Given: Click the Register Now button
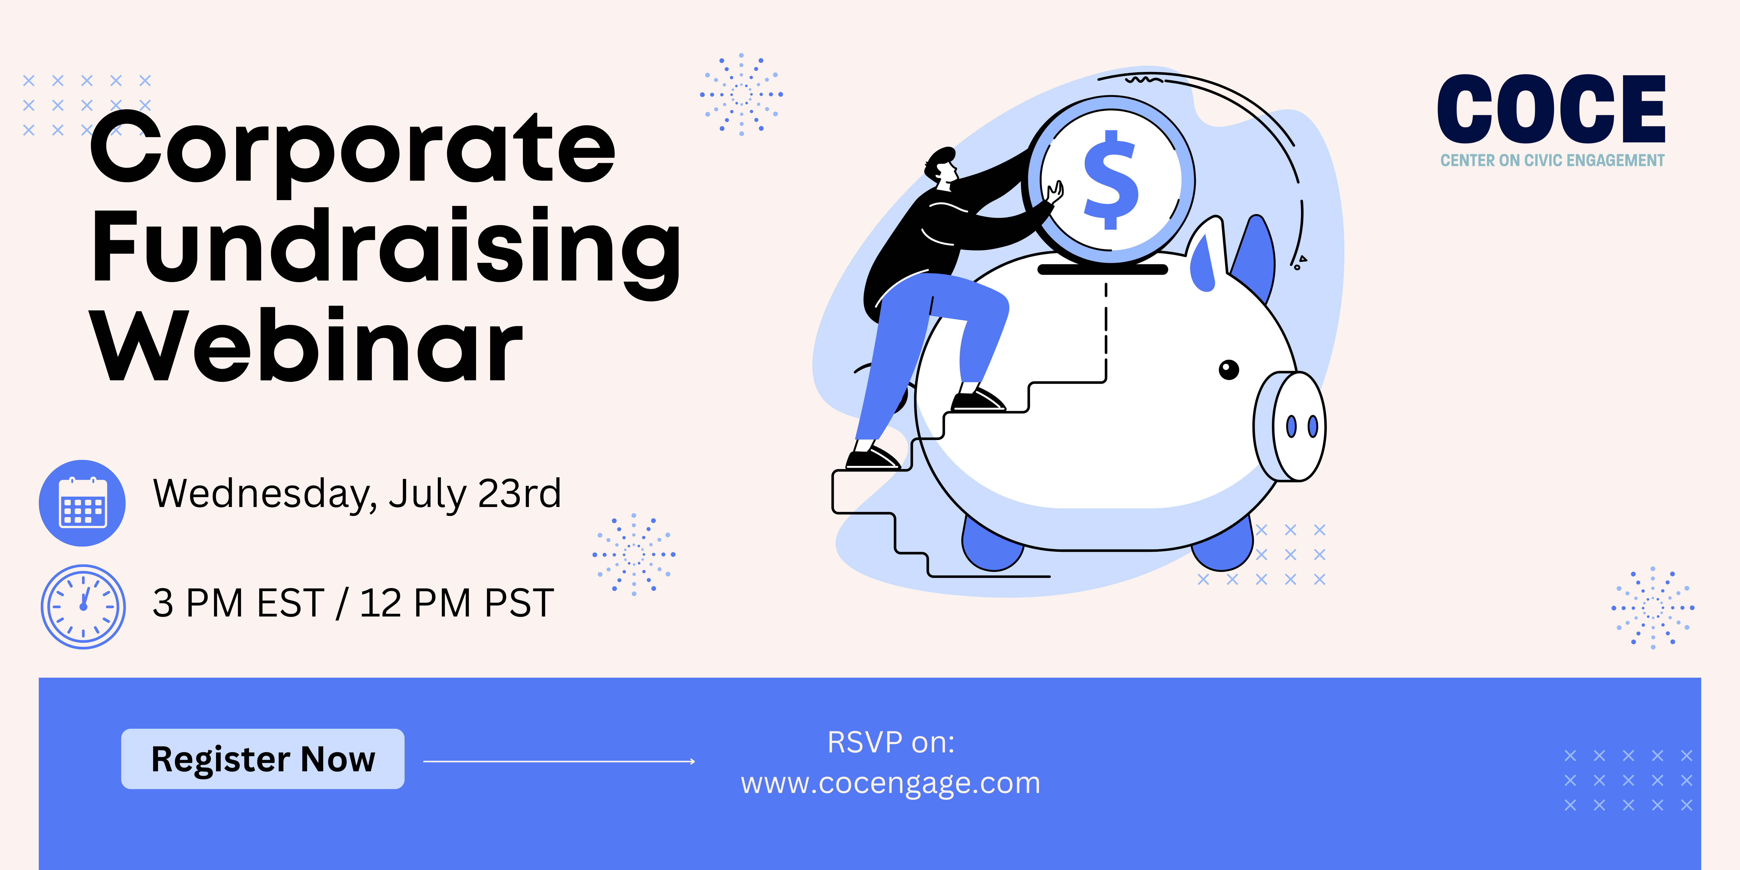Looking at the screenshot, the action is (263, 758).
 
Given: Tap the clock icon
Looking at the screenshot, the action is (83, 607).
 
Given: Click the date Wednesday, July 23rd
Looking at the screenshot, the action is (357, 494).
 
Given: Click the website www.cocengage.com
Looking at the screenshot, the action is (890, 784).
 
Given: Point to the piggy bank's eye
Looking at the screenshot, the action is (1229, 370).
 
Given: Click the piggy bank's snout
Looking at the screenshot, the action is (1290, 426).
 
